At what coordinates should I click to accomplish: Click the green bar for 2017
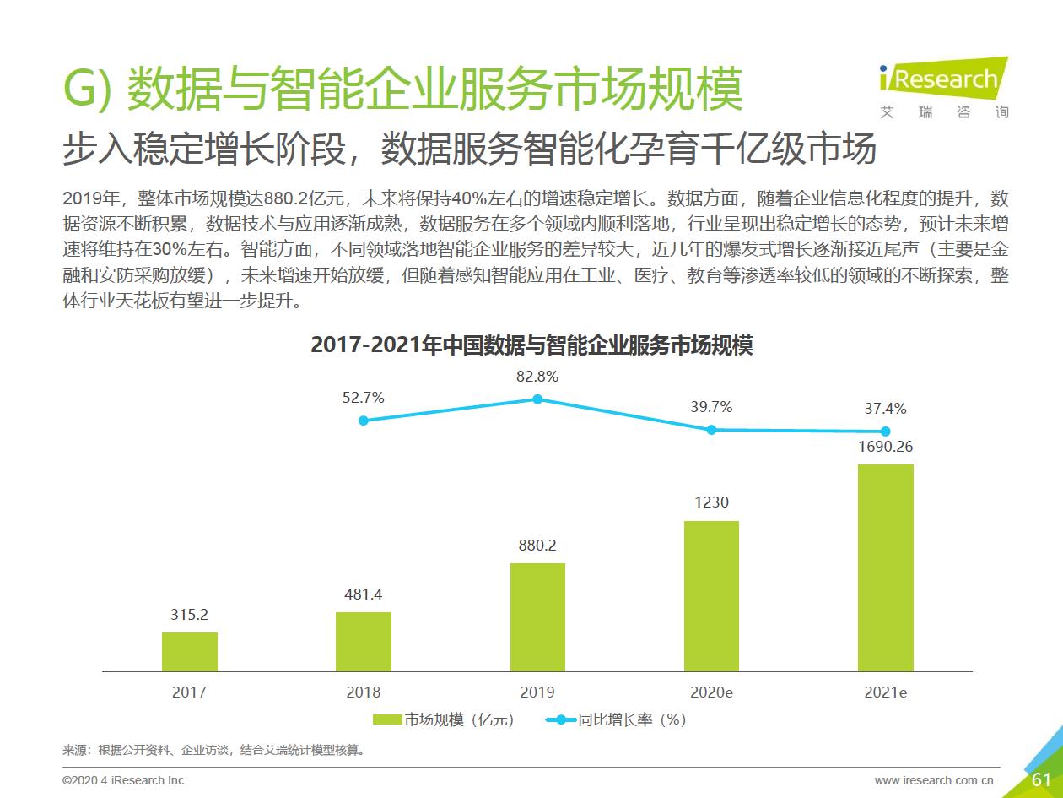189,651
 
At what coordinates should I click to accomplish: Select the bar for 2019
537,616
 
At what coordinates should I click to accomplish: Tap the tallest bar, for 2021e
886,567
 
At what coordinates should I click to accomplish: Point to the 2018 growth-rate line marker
364,420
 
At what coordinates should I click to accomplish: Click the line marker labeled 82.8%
537,399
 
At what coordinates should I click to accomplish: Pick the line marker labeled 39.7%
711,429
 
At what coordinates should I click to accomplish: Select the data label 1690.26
886,447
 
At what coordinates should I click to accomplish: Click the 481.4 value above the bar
364,594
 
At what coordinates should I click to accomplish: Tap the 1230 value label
711,502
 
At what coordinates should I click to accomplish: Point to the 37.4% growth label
886,409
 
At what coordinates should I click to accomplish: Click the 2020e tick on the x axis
711,692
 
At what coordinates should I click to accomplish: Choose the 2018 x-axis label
364,692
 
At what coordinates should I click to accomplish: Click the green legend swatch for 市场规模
387,720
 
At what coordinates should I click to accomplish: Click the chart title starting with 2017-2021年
531,345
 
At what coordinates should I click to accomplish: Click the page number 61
1041,779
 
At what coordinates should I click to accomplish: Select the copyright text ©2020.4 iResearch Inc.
125,780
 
